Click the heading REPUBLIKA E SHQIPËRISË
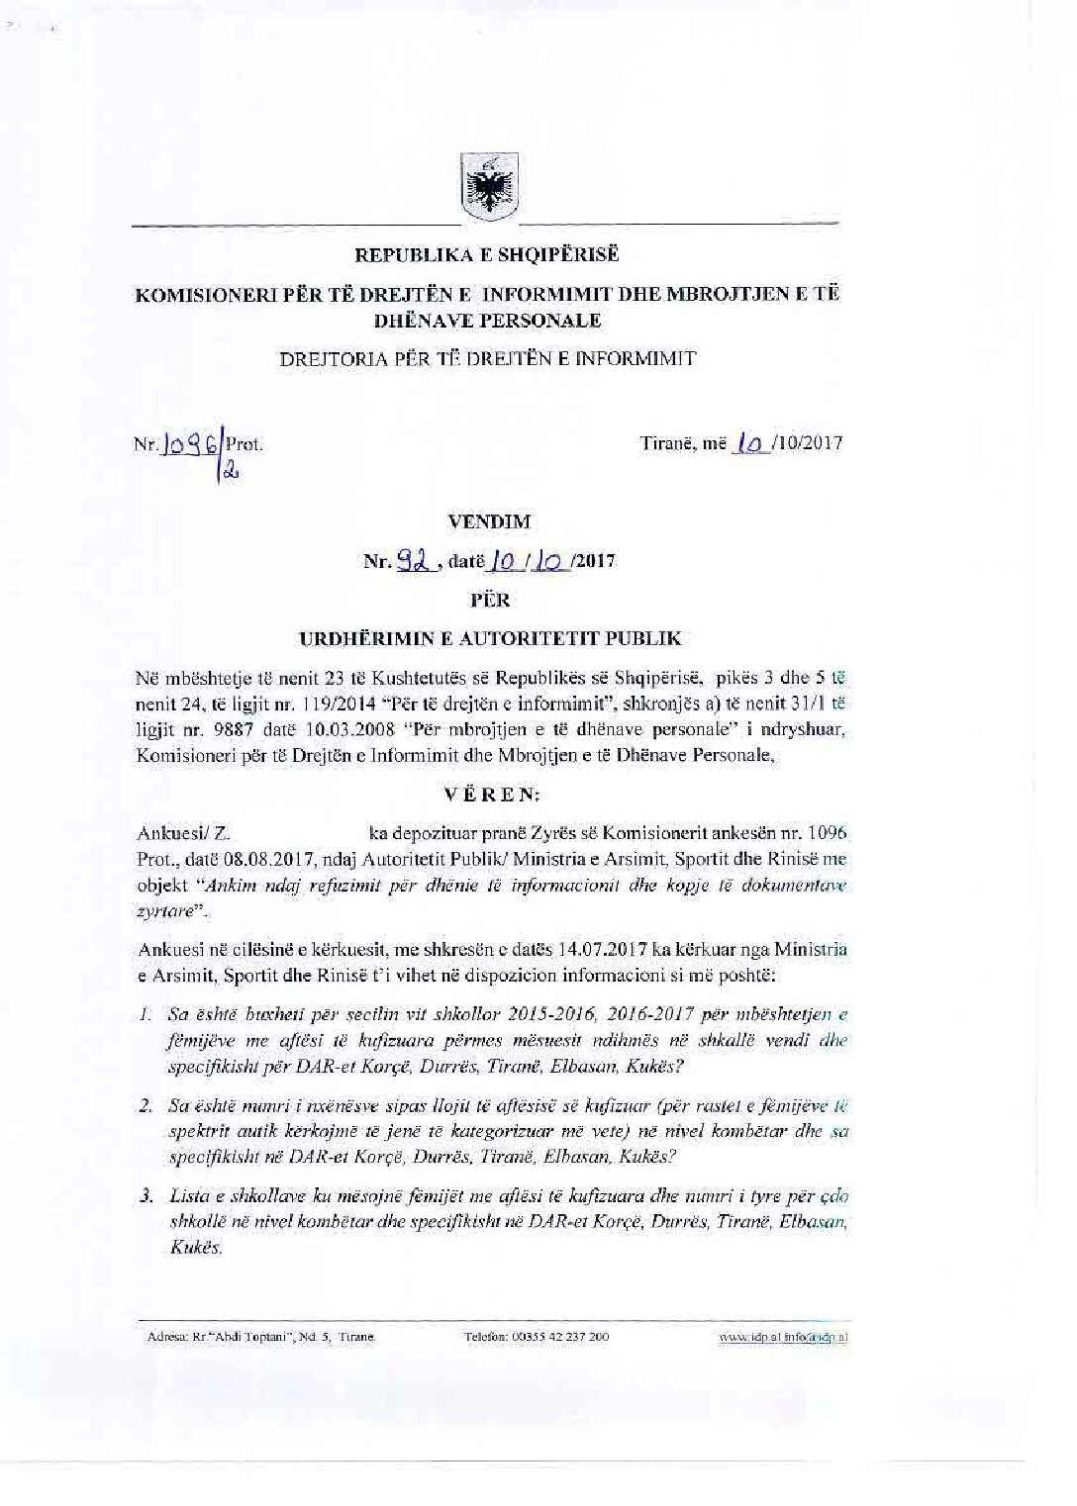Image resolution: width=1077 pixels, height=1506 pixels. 487,255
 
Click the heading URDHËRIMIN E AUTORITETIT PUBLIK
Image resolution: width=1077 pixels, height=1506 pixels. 490,638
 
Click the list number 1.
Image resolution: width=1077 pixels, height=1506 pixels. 145,1015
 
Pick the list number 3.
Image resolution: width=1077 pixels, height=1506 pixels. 145,1196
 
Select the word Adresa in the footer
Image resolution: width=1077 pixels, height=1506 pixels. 165,1337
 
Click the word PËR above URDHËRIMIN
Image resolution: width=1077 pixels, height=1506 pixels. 490,600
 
